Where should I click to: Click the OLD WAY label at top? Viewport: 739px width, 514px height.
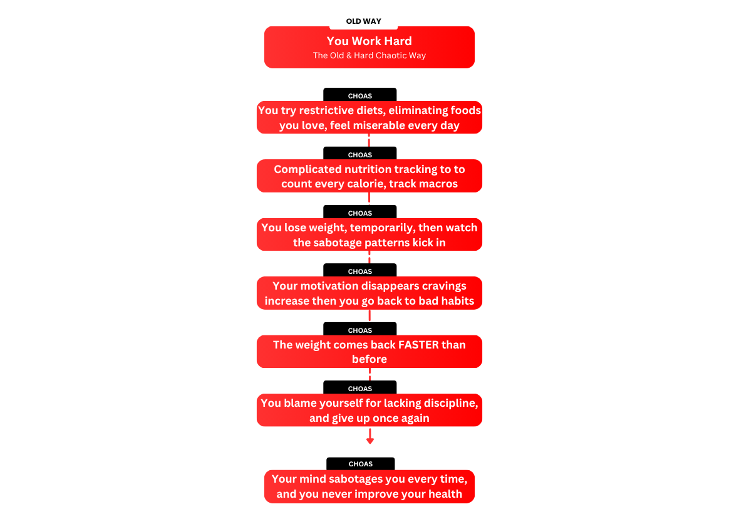tap(363, 21)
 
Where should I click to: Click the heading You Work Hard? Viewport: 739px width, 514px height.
tap(369, 41)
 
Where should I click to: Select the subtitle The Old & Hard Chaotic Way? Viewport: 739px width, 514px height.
tap(369, 56)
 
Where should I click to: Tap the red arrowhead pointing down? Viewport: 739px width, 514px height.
tap(370, 441)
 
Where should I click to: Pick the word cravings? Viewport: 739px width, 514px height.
tap(444, 286)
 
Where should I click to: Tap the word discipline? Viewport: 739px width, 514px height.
tap(450, 403)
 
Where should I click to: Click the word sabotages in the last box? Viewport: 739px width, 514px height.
tap(356, 479)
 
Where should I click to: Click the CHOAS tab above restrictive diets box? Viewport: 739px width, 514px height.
tap(360, 96)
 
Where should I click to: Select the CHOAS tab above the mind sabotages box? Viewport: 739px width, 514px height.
tap(361, 464)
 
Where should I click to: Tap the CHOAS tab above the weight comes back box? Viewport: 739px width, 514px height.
tap(360, 330)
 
